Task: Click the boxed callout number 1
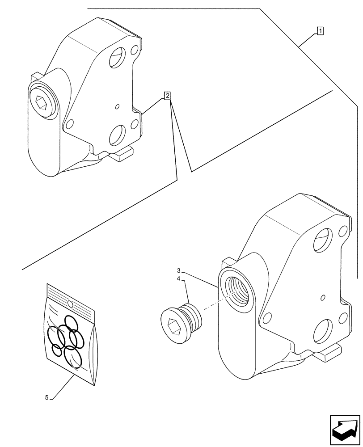(x=320, y=31)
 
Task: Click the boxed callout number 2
(x=167, y=95)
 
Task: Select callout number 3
(x=178, y=270)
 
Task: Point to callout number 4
(x=178, y=278)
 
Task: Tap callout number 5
(x=47, y=397)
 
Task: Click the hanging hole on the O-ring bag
(x=70, y=304)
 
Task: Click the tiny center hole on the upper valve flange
(x=117, y=106)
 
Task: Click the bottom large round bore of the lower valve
(x=323, y=332)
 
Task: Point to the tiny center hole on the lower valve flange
(x=322, y=297)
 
